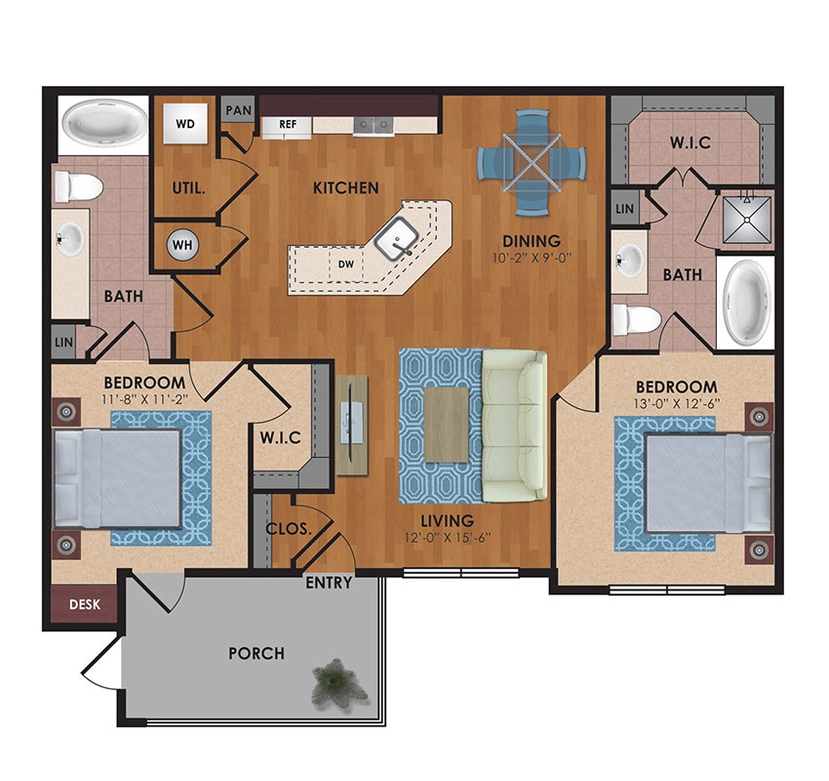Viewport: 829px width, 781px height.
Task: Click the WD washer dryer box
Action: [183, 124]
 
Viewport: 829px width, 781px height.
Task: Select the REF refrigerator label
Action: [288, 124]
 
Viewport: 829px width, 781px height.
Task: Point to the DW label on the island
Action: [344, 264]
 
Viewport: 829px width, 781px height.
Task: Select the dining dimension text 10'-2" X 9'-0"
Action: [532, 260]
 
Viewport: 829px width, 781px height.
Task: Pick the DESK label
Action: [84, 604]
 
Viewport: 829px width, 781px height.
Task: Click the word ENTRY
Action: [329, 583]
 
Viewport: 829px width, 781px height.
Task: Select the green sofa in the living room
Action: [514, 424]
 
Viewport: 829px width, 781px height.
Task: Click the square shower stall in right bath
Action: [745, 220]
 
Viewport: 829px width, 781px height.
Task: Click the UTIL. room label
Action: [188, 186]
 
